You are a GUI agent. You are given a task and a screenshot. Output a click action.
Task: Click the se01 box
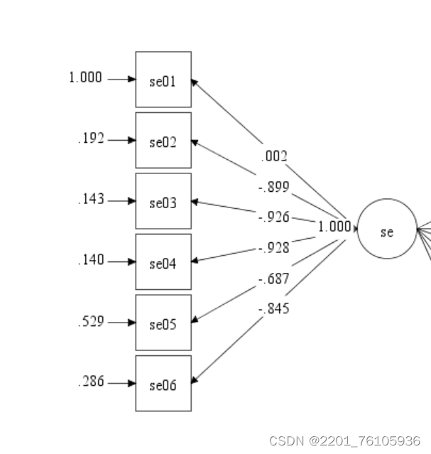click(x=163, y=80)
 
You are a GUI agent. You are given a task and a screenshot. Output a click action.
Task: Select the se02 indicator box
click(x=163, y=141)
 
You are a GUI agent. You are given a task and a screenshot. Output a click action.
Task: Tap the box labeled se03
click(x=163, y=202)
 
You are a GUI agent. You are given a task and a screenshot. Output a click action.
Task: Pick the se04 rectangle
click(x=163, y=262)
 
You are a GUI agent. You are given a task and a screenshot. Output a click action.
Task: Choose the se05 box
click(x=163, y=323)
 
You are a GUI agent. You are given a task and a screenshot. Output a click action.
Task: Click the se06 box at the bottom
click(x=163, y=384)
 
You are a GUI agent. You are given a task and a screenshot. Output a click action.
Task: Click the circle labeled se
click(x=386, y=229)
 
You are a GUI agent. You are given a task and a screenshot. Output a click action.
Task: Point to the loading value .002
click(x=274, y=156)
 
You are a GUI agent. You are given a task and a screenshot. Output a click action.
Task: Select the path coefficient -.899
click(x=273, y=188)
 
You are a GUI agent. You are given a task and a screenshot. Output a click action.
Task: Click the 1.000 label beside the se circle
click(x=334, y=227)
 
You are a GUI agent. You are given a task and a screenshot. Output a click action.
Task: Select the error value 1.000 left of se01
click(x=85, y=77)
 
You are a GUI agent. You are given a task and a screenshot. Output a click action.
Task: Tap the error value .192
click(x=91, y=139)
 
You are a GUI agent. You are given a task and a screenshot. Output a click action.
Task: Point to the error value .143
click(x=91, y=199)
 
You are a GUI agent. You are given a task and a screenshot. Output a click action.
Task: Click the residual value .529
click(x=91, y=321)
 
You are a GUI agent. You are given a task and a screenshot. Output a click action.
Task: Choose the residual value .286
click(x=91, y=382)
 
